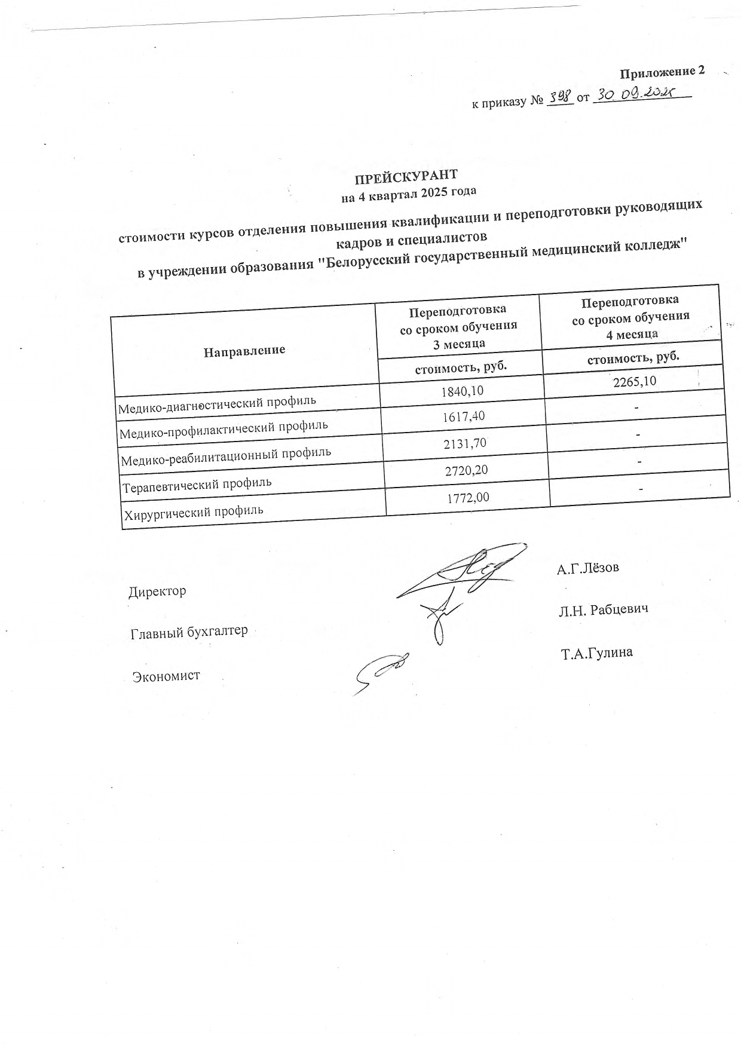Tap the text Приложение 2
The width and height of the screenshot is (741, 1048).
662,72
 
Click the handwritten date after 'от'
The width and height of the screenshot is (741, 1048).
639,94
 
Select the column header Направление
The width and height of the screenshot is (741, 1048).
244,350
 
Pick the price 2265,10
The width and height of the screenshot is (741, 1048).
635,381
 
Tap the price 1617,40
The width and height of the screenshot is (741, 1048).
464,416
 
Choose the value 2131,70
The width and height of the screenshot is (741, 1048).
465,443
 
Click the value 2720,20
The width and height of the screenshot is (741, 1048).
466,470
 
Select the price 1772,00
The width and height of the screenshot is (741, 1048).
469,497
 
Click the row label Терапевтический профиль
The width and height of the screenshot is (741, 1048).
197,483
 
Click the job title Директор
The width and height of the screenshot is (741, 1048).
157,592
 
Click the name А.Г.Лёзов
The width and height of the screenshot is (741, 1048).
588,568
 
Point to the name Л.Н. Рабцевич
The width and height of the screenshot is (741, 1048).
604,609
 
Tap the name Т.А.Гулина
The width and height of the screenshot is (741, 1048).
596,653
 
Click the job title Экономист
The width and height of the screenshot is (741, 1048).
166,676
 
